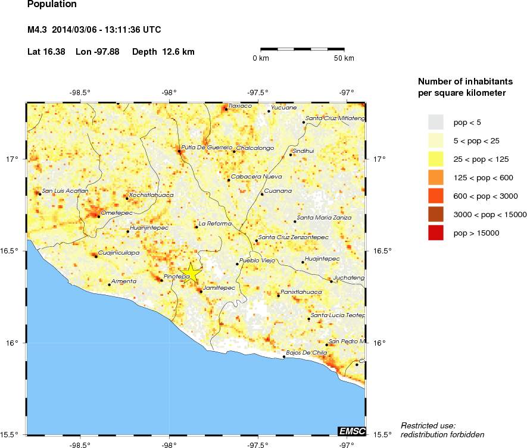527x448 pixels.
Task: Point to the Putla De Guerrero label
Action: (207, 147)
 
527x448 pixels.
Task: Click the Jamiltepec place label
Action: (219, 287)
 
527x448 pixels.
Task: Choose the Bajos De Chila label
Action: (307, 353)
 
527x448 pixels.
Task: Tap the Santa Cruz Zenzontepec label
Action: (294, 237)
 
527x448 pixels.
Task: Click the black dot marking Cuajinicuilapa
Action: (96, 256)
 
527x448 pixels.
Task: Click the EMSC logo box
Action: (351, 431)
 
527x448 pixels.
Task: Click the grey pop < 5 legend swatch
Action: (436, 122)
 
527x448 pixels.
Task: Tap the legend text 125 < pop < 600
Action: (477, 178)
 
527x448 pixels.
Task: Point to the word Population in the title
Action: (52, 4)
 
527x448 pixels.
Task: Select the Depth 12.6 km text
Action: (163, 52)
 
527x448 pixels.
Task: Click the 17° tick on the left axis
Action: (12, 159)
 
